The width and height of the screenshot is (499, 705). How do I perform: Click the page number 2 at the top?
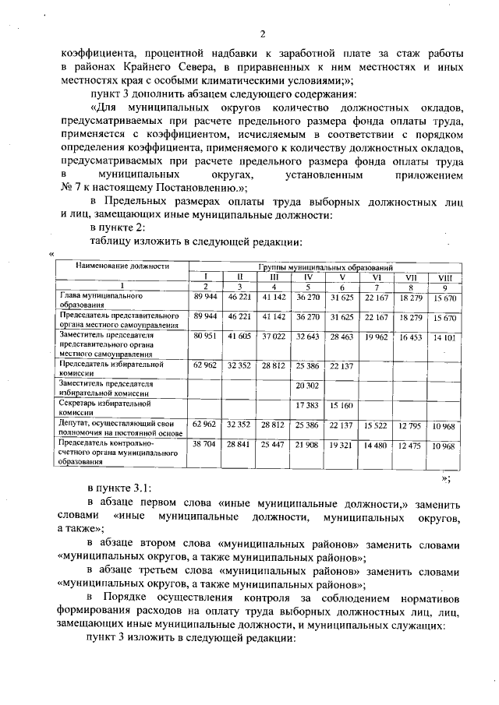tap(263, 33)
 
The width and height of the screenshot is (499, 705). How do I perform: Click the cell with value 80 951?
tap(204, 337)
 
